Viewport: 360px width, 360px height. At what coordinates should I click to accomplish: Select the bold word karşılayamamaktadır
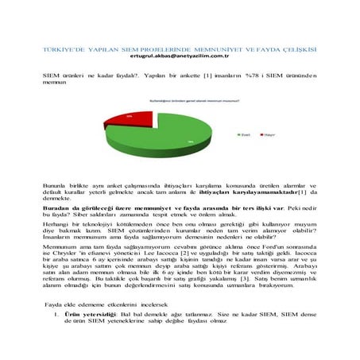click(x=262, y=192)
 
